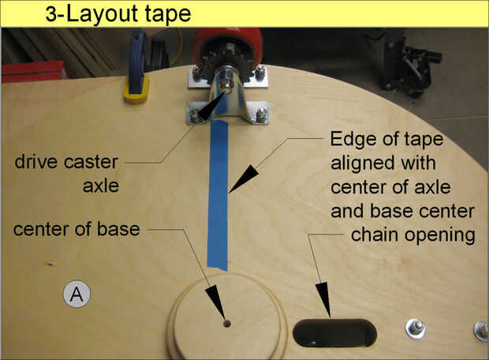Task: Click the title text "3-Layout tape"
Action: click(118, 14)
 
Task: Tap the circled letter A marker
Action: click(77, 294)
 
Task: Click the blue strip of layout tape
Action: click(218, 193)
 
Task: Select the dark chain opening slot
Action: click(334, 333)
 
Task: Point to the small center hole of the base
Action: click(226, 324)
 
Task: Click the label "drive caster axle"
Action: click(67, 174)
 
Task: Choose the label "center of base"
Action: click(77, 230)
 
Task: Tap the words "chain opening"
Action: click(413, 235)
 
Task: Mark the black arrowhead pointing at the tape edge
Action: click(244, 178)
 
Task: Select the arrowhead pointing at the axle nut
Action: click(211, 106)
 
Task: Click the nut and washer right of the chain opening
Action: click(416, 328)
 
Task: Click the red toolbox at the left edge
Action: click(33, 72)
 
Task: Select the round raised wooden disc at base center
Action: click(227, 316)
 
